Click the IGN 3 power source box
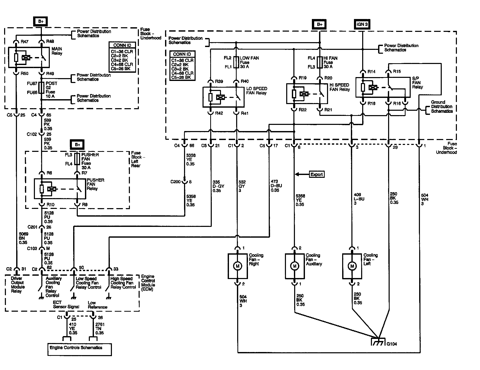362,24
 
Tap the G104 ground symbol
378,343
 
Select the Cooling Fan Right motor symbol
237,266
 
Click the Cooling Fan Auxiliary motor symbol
294,266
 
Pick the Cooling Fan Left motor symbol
352,266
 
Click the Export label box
316,174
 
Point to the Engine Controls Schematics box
80,349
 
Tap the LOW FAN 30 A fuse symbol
236,62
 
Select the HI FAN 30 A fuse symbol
320,62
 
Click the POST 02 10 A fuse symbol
41,88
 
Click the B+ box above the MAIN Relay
41,22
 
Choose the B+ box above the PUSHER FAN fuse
77,145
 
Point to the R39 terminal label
219,81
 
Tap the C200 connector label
176,182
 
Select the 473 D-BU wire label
274,186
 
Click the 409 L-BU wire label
359,199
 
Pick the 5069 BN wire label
23,238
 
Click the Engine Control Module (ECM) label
148,283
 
